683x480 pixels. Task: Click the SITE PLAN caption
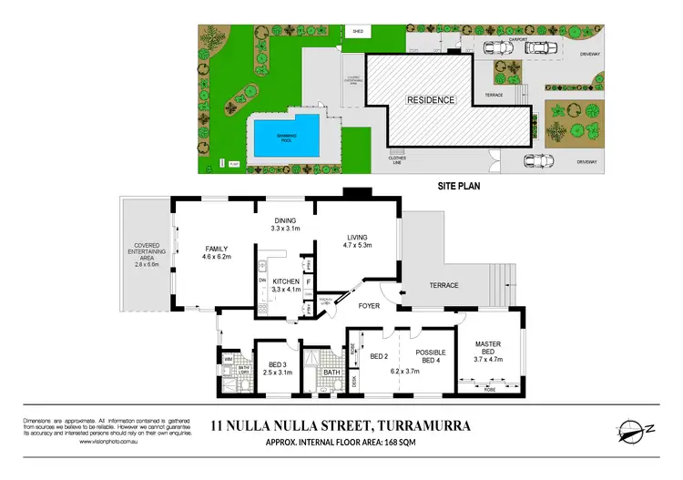click(x=459, y=184)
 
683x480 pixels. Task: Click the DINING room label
click(x=285, y=220)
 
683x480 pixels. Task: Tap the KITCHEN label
click(x=286, y=282)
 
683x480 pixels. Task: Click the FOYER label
click(x=368, y=306)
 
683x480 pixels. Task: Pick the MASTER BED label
click(x=484, y=350)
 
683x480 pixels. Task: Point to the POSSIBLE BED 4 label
click(x=429, y=357)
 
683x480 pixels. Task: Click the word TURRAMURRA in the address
click(x=430, y=424)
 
